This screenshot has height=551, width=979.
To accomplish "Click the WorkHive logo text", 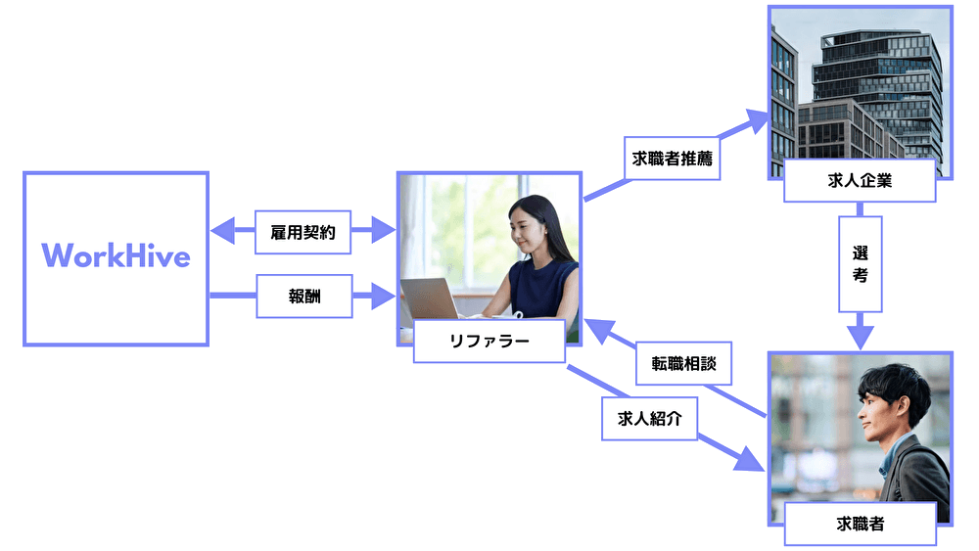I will click(116, 256).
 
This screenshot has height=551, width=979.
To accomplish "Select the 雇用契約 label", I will click(303, 233).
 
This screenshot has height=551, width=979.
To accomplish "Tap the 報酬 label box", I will click(303, 296).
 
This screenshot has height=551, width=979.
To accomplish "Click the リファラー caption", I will click(489, 342).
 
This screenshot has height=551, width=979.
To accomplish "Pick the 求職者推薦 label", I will click(672, 158).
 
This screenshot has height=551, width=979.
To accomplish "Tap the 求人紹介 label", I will click(650, 419).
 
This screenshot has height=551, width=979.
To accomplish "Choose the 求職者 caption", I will click(860, 524).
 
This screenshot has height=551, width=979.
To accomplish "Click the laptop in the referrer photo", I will click(432, 298).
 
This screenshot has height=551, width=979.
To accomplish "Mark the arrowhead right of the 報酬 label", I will click(382, 296).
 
